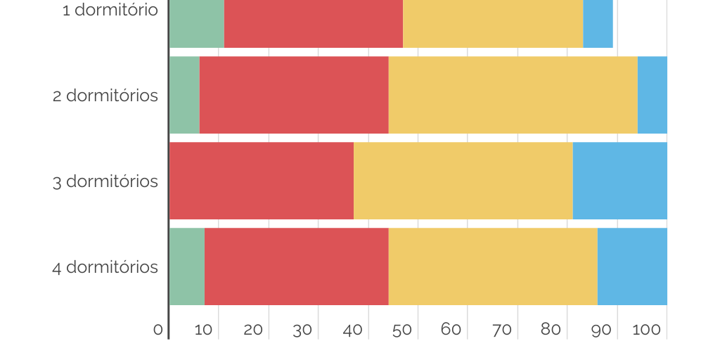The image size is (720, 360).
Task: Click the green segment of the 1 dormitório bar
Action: pos(197,24)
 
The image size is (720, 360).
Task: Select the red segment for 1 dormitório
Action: pos(314,24)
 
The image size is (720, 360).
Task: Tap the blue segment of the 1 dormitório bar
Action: pos(598,24)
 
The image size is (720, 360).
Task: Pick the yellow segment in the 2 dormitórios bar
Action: pos(513,95)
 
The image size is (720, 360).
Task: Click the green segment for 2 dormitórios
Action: pos(184,95)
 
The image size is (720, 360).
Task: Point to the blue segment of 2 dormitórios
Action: pos(652,95)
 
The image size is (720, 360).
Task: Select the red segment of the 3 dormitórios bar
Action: pos(262,181)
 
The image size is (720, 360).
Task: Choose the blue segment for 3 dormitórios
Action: pos(619,181)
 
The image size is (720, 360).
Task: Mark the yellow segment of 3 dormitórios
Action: pos(463,181)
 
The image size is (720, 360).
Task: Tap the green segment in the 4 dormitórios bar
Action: pos(187,266)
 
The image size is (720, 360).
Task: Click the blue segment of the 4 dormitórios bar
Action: pos(632,266)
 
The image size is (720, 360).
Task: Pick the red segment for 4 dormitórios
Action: pos(297,266)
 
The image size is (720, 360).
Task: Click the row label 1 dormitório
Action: pos(110,11)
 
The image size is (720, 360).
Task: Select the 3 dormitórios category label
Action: pos(105,181)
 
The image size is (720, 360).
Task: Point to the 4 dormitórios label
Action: pos(105,268)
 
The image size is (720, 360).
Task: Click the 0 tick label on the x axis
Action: pos(158,330)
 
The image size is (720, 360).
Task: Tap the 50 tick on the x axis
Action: pos(401,330)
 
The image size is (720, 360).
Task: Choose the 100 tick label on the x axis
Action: pos(645,329)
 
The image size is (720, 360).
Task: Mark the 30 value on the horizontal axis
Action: pos(302,330)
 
